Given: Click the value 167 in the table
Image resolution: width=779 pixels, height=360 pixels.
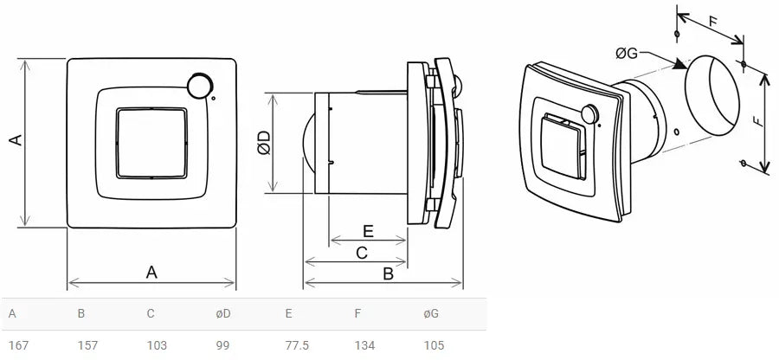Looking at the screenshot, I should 18,345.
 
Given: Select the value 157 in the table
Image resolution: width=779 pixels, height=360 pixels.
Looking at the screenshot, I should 87,345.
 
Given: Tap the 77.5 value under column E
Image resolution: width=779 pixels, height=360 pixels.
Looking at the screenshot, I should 298,345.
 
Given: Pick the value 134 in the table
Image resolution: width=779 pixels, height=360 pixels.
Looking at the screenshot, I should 364,345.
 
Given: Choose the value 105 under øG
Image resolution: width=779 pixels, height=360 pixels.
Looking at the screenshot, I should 434,345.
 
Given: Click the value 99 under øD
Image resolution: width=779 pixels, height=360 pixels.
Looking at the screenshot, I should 222,345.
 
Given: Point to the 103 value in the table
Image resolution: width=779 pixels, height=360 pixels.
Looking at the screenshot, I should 157,345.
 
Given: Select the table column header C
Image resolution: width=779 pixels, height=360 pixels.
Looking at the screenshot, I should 151,313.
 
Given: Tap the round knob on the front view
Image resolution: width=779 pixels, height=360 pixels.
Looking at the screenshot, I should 200,85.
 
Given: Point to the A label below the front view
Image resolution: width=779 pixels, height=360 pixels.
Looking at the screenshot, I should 151,272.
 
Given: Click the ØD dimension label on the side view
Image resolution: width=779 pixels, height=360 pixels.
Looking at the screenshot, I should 264,144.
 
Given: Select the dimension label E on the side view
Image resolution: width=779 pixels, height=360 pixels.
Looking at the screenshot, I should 367,231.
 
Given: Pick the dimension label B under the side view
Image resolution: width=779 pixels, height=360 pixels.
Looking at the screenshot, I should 388,273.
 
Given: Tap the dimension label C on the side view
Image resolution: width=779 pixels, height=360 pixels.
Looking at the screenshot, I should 362,252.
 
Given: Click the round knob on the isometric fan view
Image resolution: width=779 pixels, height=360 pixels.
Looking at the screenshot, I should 591,113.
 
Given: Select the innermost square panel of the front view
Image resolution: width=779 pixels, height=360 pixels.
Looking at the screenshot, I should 151,144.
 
